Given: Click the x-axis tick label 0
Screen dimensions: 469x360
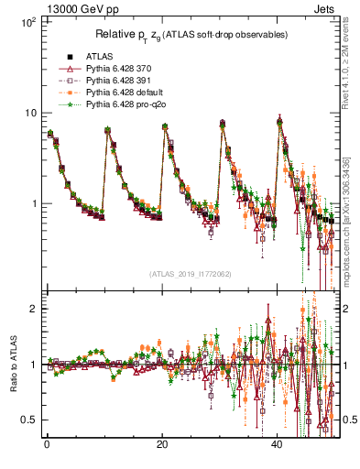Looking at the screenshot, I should pos(47,444).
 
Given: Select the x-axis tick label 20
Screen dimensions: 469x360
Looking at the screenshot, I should pos(162,444).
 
